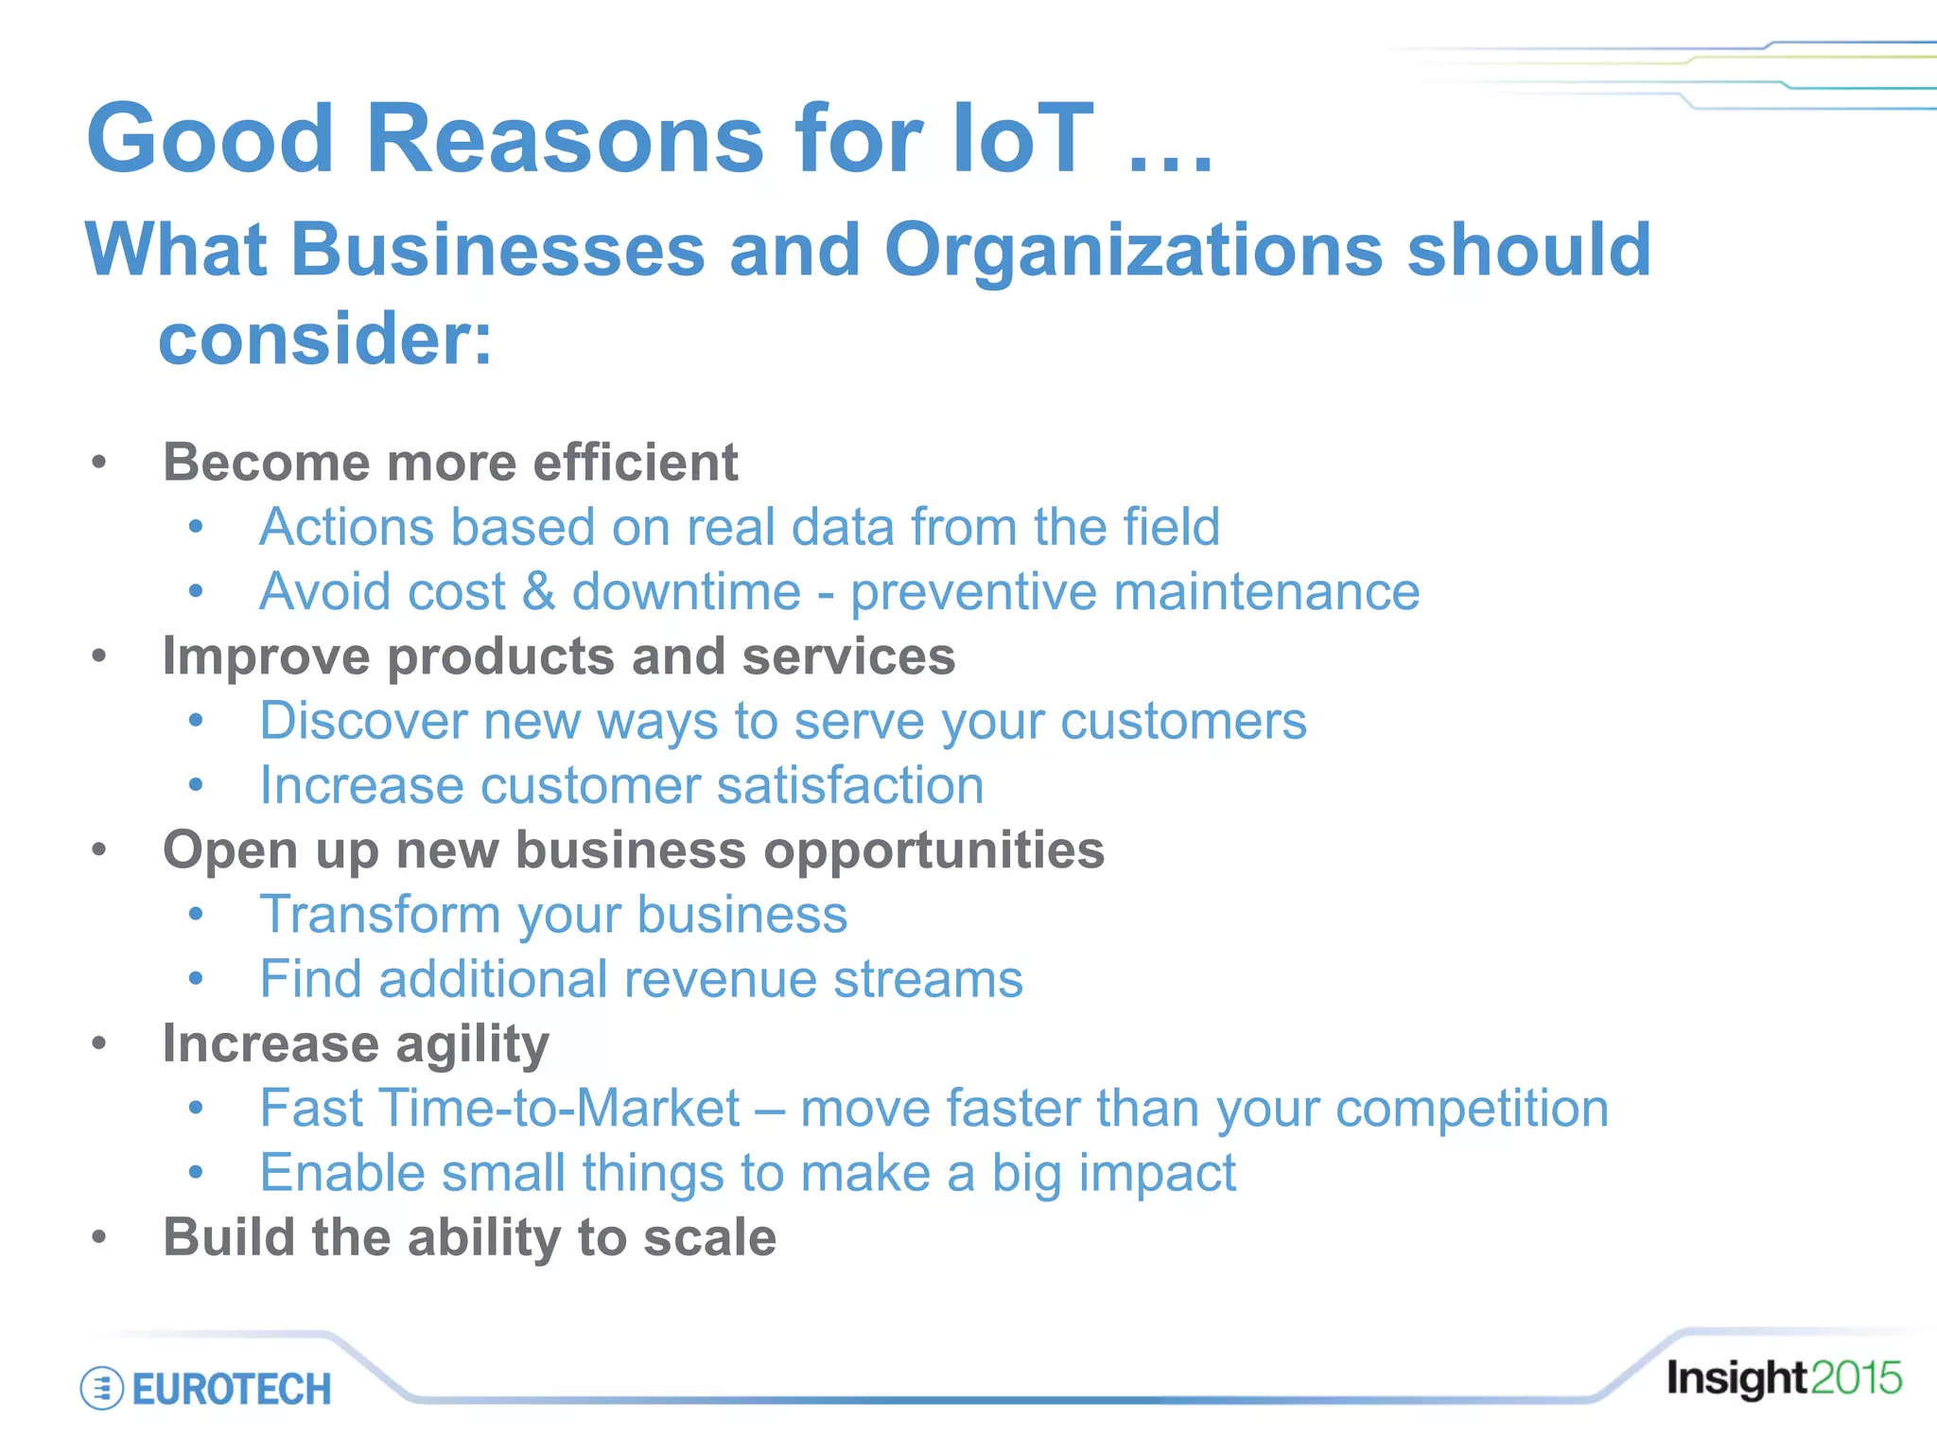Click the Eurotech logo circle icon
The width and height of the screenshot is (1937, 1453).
point(101,1389)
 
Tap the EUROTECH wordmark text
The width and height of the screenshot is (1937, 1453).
point(232,1390)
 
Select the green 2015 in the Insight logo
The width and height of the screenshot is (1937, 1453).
point(1856,1378)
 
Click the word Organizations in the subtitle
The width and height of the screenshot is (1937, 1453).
point(1133,251)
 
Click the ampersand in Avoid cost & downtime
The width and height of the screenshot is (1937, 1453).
point(538,592)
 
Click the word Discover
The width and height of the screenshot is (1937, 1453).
point(363,721)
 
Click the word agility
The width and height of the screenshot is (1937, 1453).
point(472,1045)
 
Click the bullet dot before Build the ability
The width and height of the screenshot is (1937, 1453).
point(99,1237)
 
